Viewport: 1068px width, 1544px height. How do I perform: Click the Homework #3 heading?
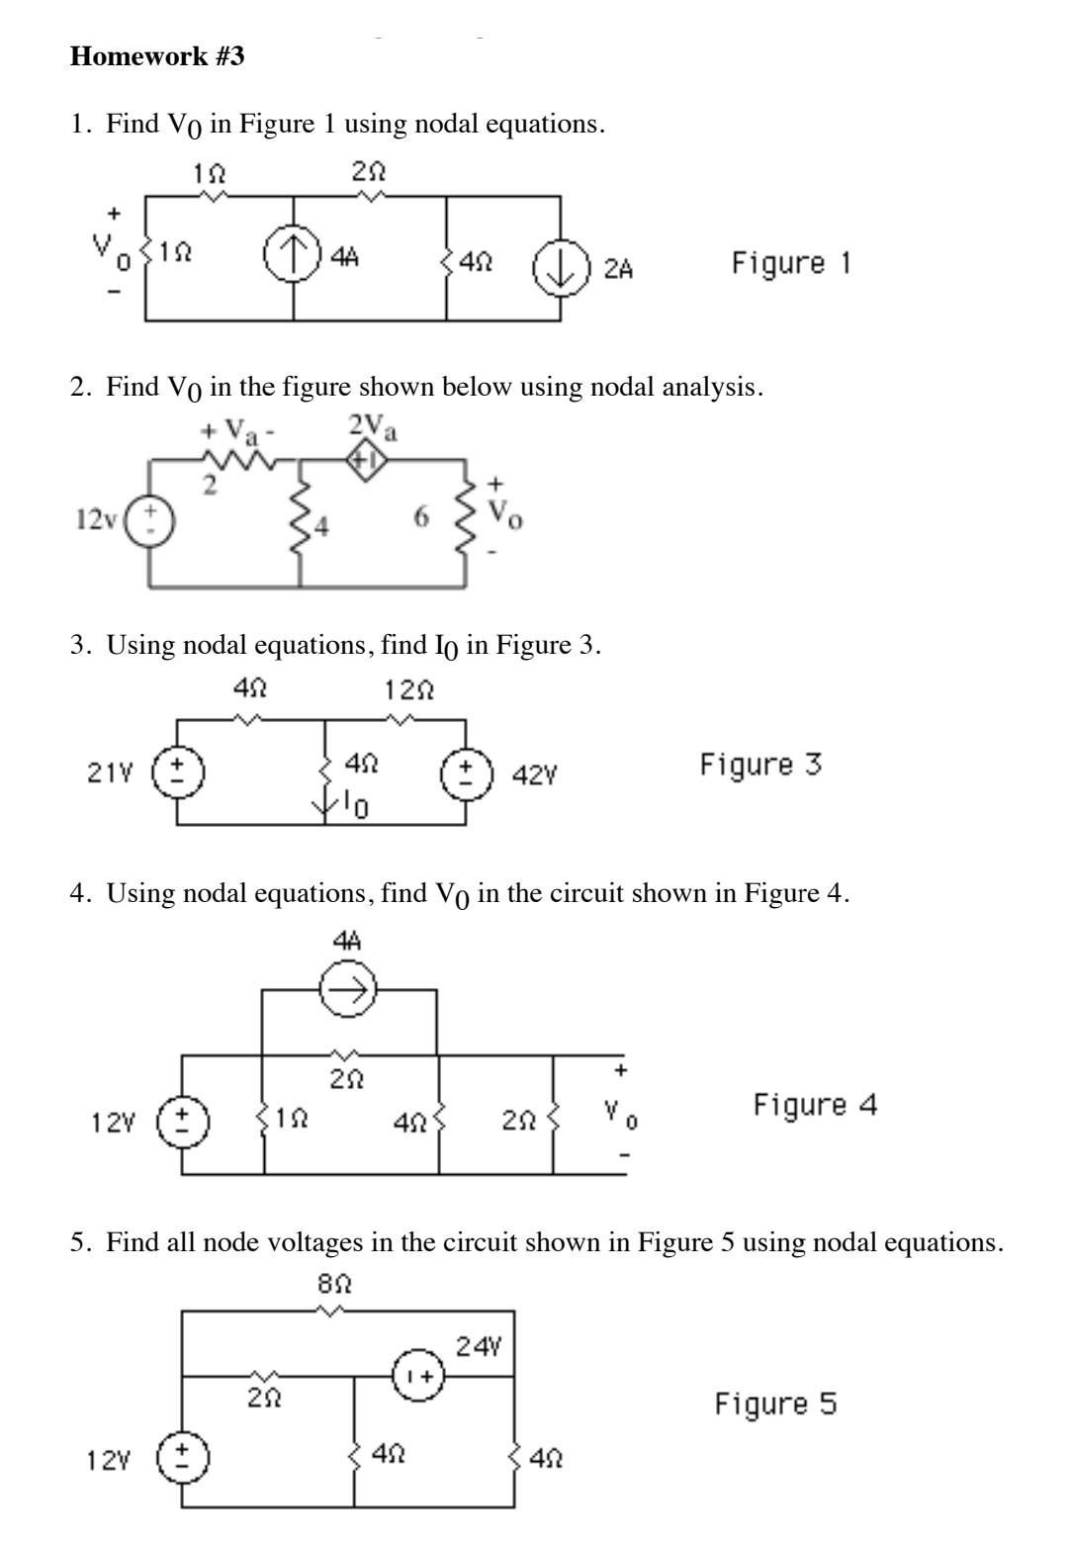157,57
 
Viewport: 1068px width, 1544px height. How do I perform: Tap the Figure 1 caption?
790,263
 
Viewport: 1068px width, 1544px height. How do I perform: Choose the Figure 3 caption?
760,765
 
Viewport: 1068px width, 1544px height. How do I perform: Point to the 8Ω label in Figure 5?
335,1285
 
